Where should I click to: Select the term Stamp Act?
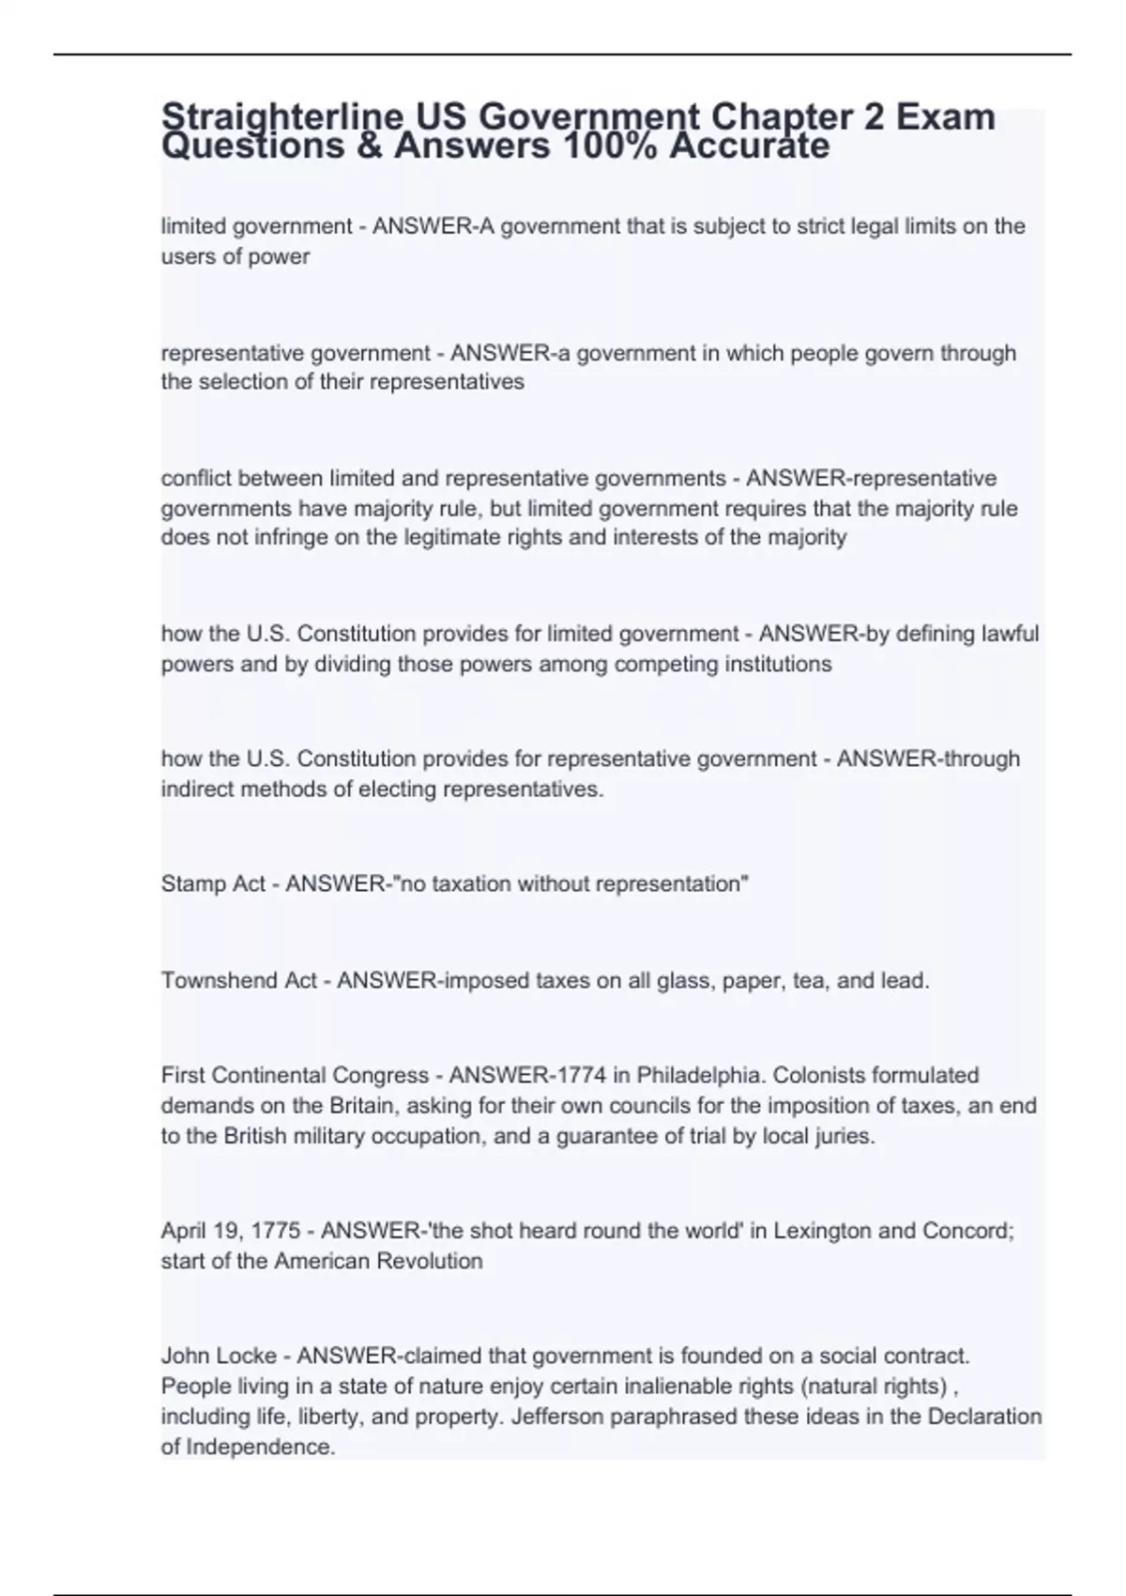click(x=213, y=884)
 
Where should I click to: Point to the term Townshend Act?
click(x=239, y=981)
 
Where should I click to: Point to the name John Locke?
click(x=219, y=1356)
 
